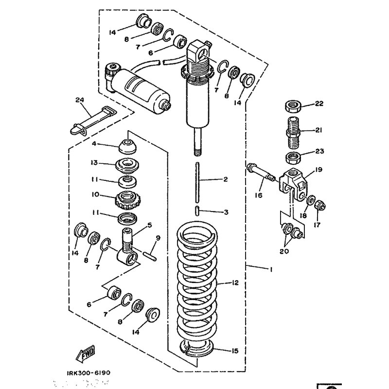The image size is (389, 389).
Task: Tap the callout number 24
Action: coord(79,100)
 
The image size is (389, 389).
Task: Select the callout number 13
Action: coord(94,162)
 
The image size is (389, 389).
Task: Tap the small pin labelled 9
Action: coord(150,255)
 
